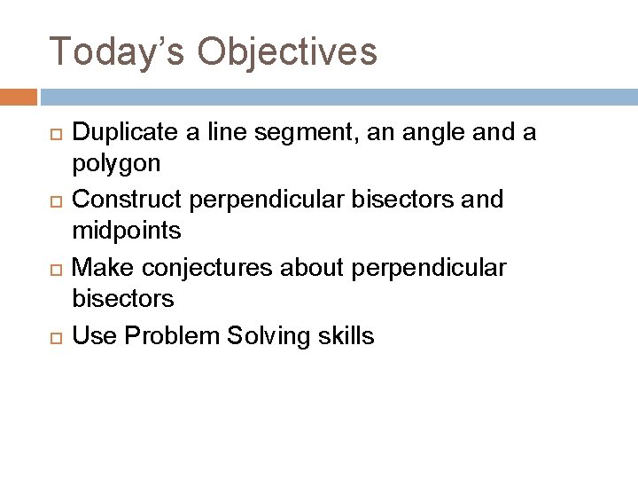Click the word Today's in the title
[116, 51]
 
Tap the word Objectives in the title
[287, 51]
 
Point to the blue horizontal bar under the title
[337, 95]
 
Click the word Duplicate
[121, 132]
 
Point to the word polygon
[116, 165]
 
